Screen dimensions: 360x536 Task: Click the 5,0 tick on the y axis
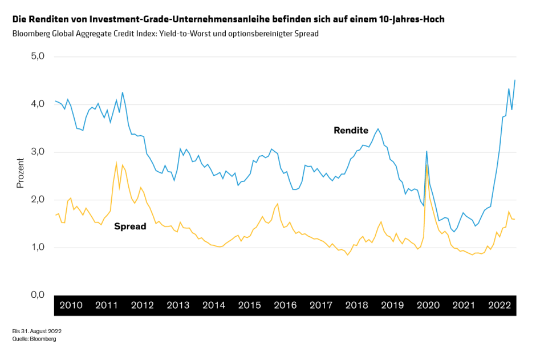coord(37,56)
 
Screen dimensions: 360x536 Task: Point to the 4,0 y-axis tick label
coord(37,104)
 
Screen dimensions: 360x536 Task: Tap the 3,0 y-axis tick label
coord(37,152)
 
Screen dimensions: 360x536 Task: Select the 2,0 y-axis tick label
coord(37,200)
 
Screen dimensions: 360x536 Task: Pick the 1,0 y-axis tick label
coord(37,248)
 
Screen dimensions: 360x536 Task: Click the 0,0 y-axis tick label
coord(37,295)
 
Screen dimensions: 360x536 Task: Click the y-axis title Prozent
coord(20,174)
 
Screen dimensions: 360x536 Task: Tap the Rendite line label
coord(351,130)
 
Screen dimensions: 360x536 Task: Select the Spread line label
coord(130,226)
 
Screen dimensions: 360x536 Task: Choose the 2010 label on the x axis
coord(71,305)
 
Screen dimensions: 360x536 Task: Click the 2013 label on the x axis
coord(178,305)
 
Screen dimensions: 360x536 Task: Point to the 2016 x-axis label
coord(285,305)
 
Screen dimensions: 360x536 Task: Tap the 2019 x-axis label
coord(392,305)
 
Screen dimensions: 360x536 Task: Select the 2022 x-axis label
coord(500,305)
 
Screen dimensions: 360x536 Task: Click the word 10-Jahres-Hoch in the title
coord(411,19)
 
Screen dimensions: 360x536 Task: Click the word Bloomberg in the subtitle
coord(31,34)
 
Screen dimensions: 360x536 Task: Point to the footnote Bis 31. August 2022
coord(36,331)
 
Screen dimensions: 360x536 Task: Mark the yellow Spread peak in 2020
coord(427,165)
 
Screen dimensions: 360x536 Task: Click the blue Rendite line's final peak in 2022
coord(515,80)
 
